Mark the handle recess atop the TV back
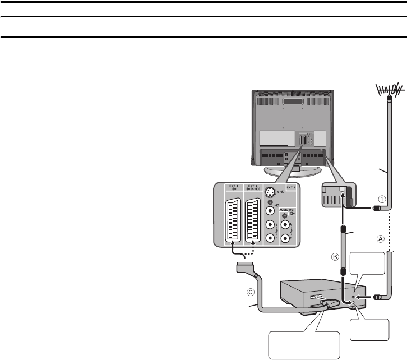293,102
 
